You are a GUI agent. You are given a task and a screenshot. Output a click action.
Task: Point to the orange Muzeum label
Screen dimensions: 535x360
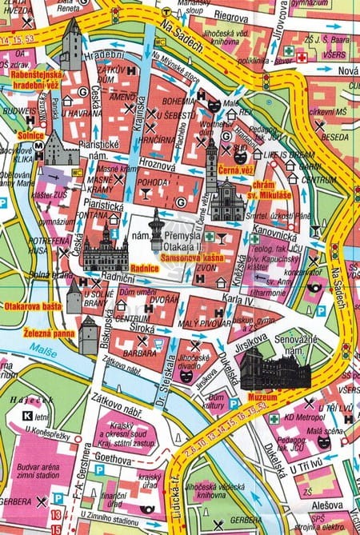pyautogui.click(x=262, y=397)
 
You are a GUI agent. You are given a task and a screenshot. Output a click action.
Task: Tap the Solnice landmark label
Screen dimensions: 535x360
pyautogui.click(x=29, y=136)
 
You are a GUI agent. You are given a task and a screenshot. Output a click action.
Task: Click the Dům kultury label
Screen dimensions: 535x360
pyautogui.click(x=226, y=401)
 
